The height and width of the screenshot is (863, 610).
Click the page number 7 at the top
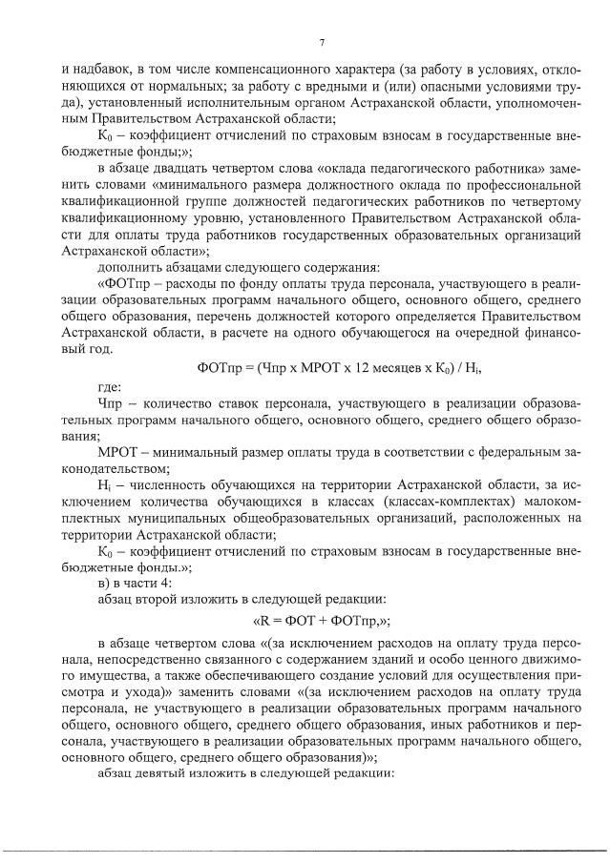coord(322,42)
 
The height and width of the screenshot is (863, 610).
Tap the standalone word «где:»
coord(110,389)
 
